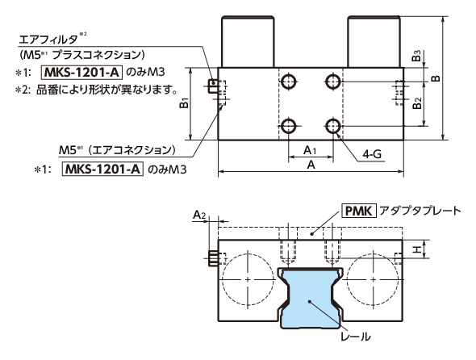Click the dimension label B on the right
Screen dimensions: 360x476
tap(457, 78)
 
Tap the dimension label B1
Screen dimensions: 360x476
tap(184, 103)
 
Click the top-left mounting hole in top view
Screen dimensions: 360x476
tap(288, 80)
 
